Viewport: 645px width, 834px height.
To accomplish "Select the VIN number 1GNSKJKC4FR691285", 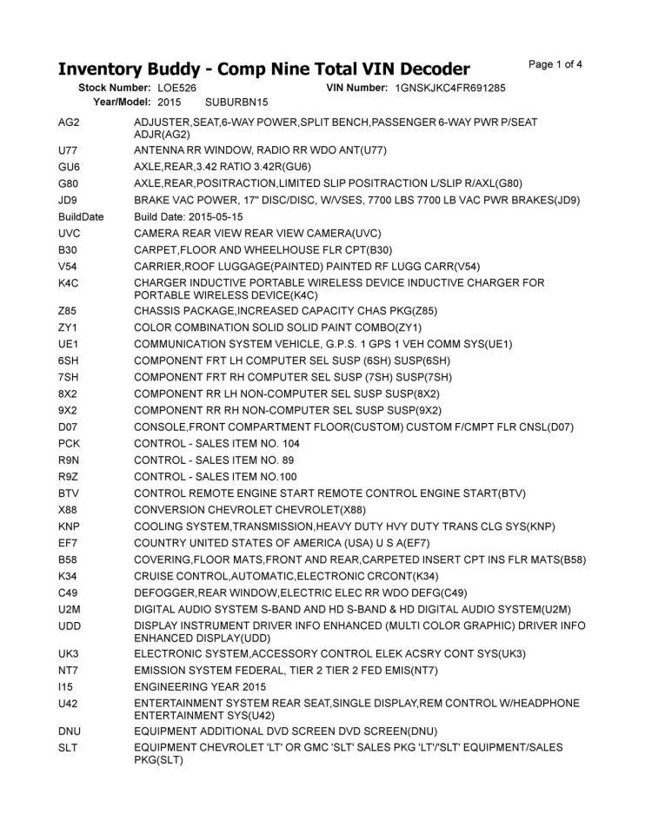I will pyautogui.click(x=450, y=89).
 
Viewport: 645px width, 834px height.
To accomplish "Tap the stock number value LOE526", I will pyautogui.click(x=176, y=89).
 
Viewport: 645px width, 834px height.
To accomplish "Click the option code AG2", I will pyautogui.click(x=69, y=122).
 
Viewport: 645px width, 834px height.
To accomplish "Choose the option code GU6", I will pyautogui.click(x=69, y=166).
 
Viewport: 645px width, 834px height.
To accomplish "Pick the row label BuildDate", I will pyautogui.click(x=81, y=216).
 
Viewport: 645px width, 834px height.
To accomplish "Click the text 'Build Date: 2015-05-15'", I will pyautogui.click(x=189, y=216).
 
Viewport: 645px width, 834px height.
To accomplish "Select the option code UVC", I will pyautogui.click(x=70, y=233).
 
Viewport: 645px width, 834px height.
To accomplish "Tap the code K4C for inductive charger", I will pyautogui.click(x=70, y=283).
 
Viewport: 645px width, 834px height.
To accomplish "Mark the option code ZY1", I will pyautogui.click(x=69, y=328).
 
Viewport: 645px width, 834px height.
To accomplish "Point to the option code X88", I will pyautogui.click(x=69, y=510).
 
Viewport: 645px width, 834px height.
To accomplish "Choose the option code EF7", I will pyautogui.click(x=69, y=543).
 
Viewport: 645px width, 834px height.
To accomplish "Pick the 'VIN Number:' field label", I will pyautogui.click(x=357, y=89).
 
